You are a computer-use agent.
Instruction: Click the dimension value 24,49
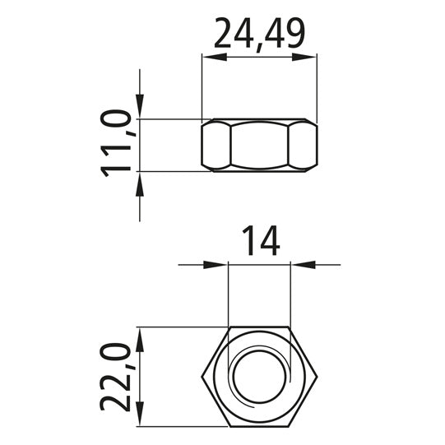(259, 34)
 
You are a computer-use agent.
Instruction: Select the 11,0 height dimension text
(117, 145)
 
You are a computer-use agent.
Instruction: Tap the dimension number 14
(259, 241)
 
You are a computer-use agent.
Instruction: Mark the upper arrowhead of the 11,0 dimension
(141, 109)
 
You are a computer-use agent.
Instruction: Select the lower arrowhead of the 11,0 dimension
(141, 182)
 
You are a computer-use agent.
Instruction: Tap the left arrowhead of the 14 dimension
(216, 265)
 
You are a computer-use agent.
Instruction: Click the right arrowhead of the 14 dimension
(302, 265)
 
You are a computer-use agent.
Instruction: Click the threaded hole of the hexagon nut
(259, 376)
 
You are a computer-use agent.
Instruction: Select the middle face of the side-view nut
(259, 146)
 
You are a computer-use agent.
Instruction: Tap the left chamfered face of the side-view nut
(216, 146)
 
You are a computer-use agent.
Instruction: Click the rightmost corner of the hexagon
(317, 376)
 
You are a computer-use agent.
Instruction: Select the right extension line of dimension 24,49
(317, 86)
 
